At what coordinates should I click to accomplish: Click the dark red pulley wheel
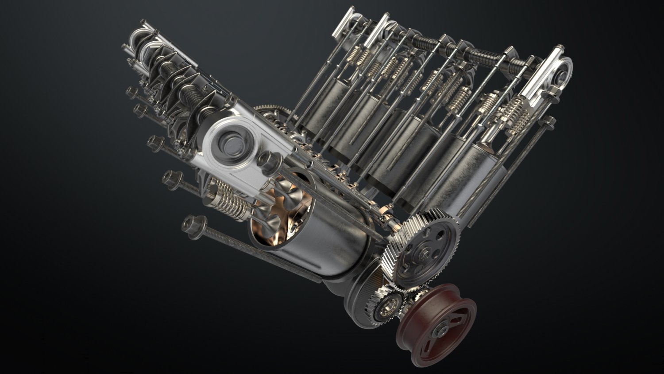click(436, 321)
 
